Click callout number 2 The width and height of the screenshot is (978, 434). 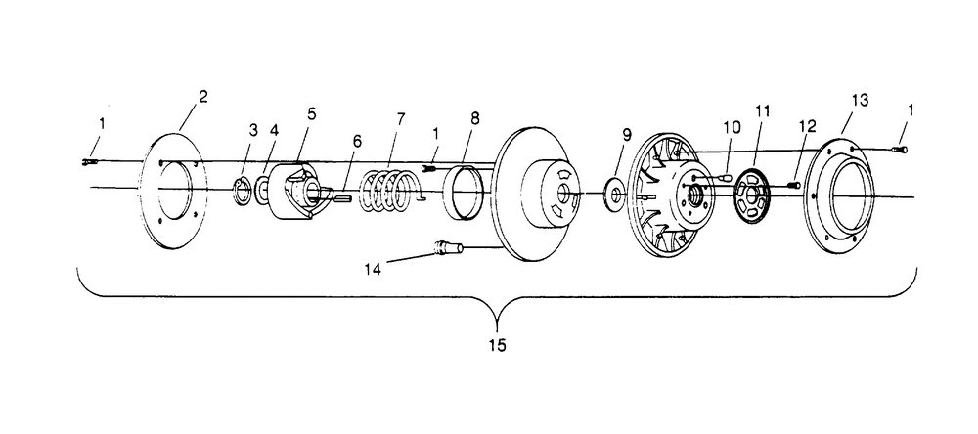(203, 98)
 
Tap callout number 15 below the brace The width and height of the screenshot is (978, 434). (497, 345)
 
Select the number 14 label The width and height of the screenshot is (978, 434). (373, 269)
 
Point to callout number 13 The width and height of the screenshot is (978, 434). (860, 101)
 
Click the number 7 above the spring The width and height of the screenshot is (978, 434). (400, 118)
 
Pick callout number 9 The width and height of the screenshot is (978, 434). (627, 134)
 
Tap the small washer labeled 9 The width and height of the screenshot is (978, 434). (615, 194)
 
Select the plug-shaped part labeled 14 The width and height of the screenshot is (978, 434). (448, 247)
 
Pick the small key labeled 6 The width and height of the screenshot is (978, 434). (343, 198)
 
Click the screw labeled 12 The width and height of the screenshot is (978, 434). (793, 185)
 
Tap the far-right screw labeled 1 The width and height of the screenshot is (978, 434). (899, 149)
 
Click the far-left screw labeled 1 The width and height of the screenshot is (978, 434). (90, 162)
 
